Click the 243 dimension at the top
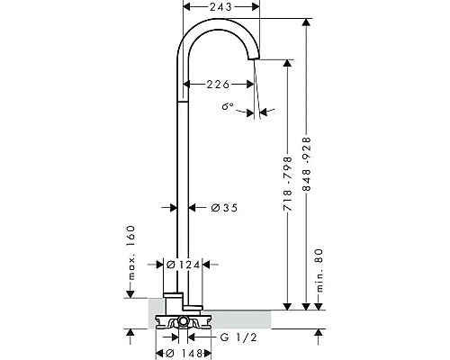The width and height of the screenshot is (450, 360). [220, 6]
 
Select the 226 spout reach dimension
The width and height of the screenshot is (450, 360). [218, 85]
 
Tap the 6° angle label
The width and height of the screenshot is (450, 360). [228, 106]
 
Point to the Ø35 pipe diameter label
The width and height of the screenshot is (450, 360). [224, 208]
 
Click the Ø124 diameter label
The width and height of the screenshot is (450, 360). [183, 265]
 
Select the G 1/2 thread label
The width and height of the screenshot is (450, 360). [238, 337]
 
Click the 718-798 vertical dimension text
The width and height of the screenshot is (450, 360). [288, 184]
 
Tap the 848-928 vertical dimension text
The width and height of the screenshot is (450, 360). [307, 165]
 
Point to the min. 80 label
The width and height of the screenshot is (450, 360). [319, 270]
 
